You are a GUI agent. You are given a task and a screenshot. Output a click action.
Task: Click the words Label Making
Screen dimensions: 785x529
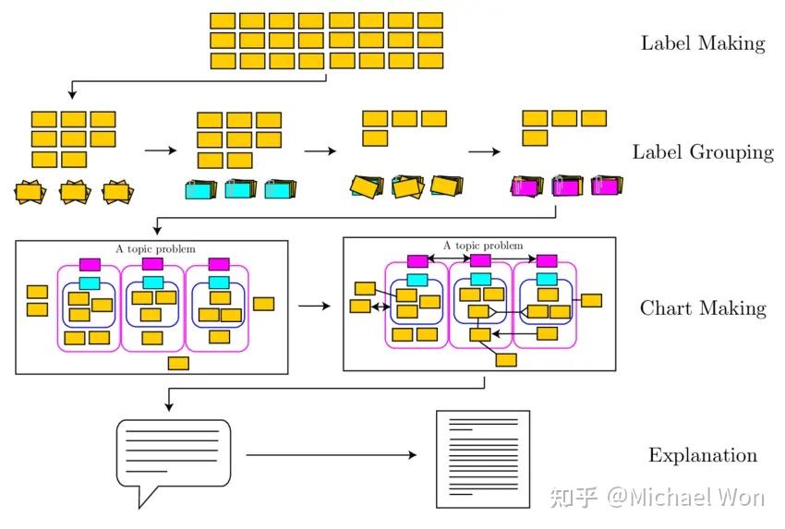pyautogui.click(x=703, y=42)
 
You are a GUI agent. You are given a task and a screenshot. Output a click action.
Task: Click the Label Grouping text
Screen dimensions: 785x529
pyautogui.click(x=703, y=152)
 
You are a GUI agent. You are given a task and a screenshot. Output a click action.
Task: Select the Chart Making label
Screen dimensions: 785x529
pyautogui.click(x=703, y=307)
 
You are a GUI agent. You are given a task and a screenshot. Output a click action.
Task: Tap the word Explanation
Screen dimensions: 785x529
pyautogui.click(x=703, y=455)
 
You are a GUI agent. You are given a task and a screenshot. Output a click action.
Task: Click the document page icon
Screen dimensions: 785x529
pyautogui.click(x=483, y=459)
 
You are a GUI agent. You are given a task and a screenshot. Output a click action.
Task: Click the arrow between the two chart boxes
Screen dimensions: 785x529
pyautogui.click(x=314, y=305)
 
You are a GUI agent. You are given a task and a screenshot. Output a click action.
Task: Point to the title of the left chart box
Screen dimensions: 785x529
pyautogui.click(x=151, y=248)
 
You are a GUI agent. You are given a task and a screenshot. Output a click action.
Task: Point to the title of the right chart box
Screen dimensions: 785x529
pyautogui.click(x=482, y=246)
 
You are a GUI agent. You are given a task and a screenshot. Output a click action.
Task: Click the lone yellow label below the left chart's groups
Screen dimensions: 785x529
pyautogui.click(x=178, y=363)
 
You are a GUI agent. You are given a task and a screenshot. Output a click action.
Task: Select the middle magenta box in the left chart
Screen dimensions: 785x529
pyautogui.click(x=153, y=264)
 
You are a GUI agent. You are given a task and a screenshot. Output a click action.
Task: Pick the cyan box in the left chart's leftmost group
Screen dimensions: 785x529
pyautogui.click(x=90, y=283)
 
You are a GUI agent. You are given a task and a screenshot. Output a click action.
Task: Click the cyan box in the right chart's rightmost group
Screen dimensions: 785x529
pyautogui.click(x=547, y=279)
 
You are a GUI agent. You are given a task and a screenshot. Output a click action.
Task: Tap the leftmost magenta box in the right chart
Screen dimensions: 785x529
pyautogui.click(x=417, y=261)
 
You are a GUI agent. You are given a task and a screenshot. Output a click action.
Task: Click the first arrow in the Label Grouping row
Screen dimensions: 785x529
pyautogui.click(x=159, y=150)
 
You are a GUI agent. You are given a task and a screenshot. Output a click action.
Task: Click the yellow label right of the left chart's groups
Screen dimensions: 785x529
pyautogui.click(x=263, y=303)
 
